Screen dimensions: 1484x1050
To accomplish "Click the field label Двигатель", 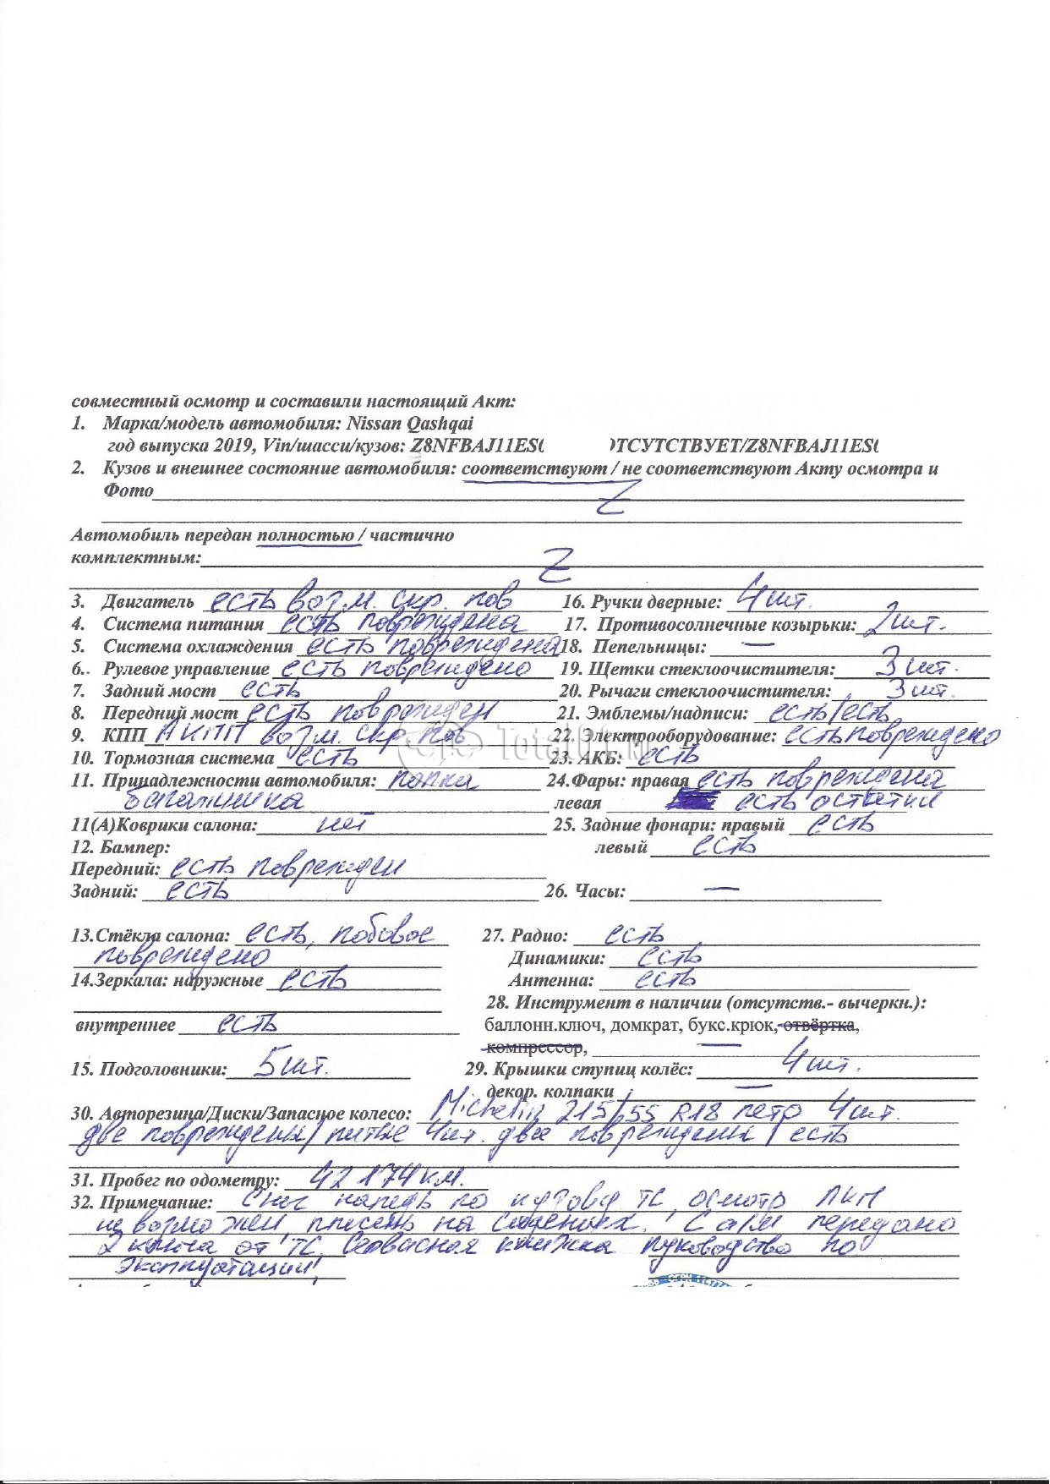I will click(x=149, y=603).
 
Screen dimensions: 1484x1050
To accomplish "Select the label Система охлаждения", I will click(x=198, y=647).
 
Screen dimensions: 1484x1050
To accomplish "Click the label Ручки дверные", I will click(x=655, y=603).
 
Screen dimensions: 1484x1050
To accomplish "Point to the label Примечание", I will click(x=156, y=1202).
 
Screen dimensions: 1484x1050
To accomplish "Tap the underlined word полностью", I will click(x=305, y=535).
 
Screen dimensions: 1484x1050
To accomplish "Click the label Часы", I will click(x=599, y=891).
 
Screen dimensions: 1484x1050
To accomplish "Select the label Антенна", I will click(x=550, y=981).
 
